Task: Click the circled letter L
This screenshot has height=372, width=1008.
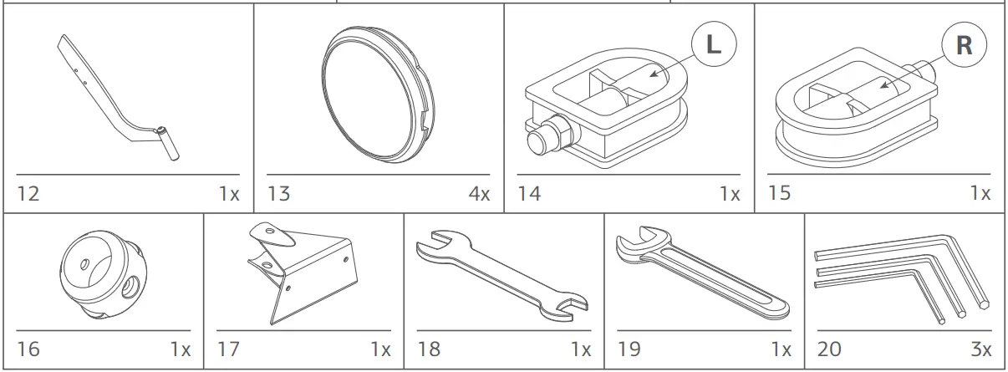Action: coord(712,44)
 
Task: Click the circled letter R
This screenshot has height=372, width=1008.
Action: coord(964,44)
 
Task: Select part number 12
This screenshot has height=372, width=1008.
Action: coord(28,194)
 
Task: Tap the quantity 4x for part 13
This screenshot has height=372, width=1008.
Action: coord(479,194)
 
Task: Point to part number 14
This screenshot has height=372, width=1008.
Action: coord(529,194)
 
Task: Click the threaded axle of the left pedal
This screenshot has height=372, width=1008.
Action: coord(542,137)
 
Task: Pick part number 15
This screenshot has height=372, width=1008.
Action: coord(779,193)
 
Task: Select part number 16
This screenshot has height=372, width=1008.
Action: coord(28,349)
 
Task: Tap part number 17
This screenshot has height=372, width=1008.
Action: coord(228,349)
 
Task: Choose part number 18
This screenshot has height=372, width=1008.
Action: coord(429,349)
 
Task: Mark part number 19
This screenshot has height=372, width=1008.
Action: coord(629,349)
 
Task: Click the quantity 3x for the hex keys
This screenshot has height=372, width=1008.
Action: coord(980,349)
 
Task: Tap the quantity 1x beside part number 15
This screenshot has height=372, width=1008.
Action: coord(980,193)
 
